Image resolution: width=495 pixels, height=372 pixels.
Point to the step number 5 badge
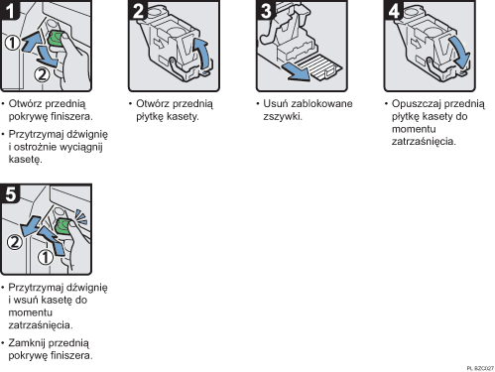point(11,193)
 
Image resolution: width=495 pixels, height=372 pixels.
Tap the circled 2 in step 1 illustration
point(43,71)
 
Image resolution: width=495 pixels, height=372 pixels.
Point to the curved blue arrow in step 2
point(203,56)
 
